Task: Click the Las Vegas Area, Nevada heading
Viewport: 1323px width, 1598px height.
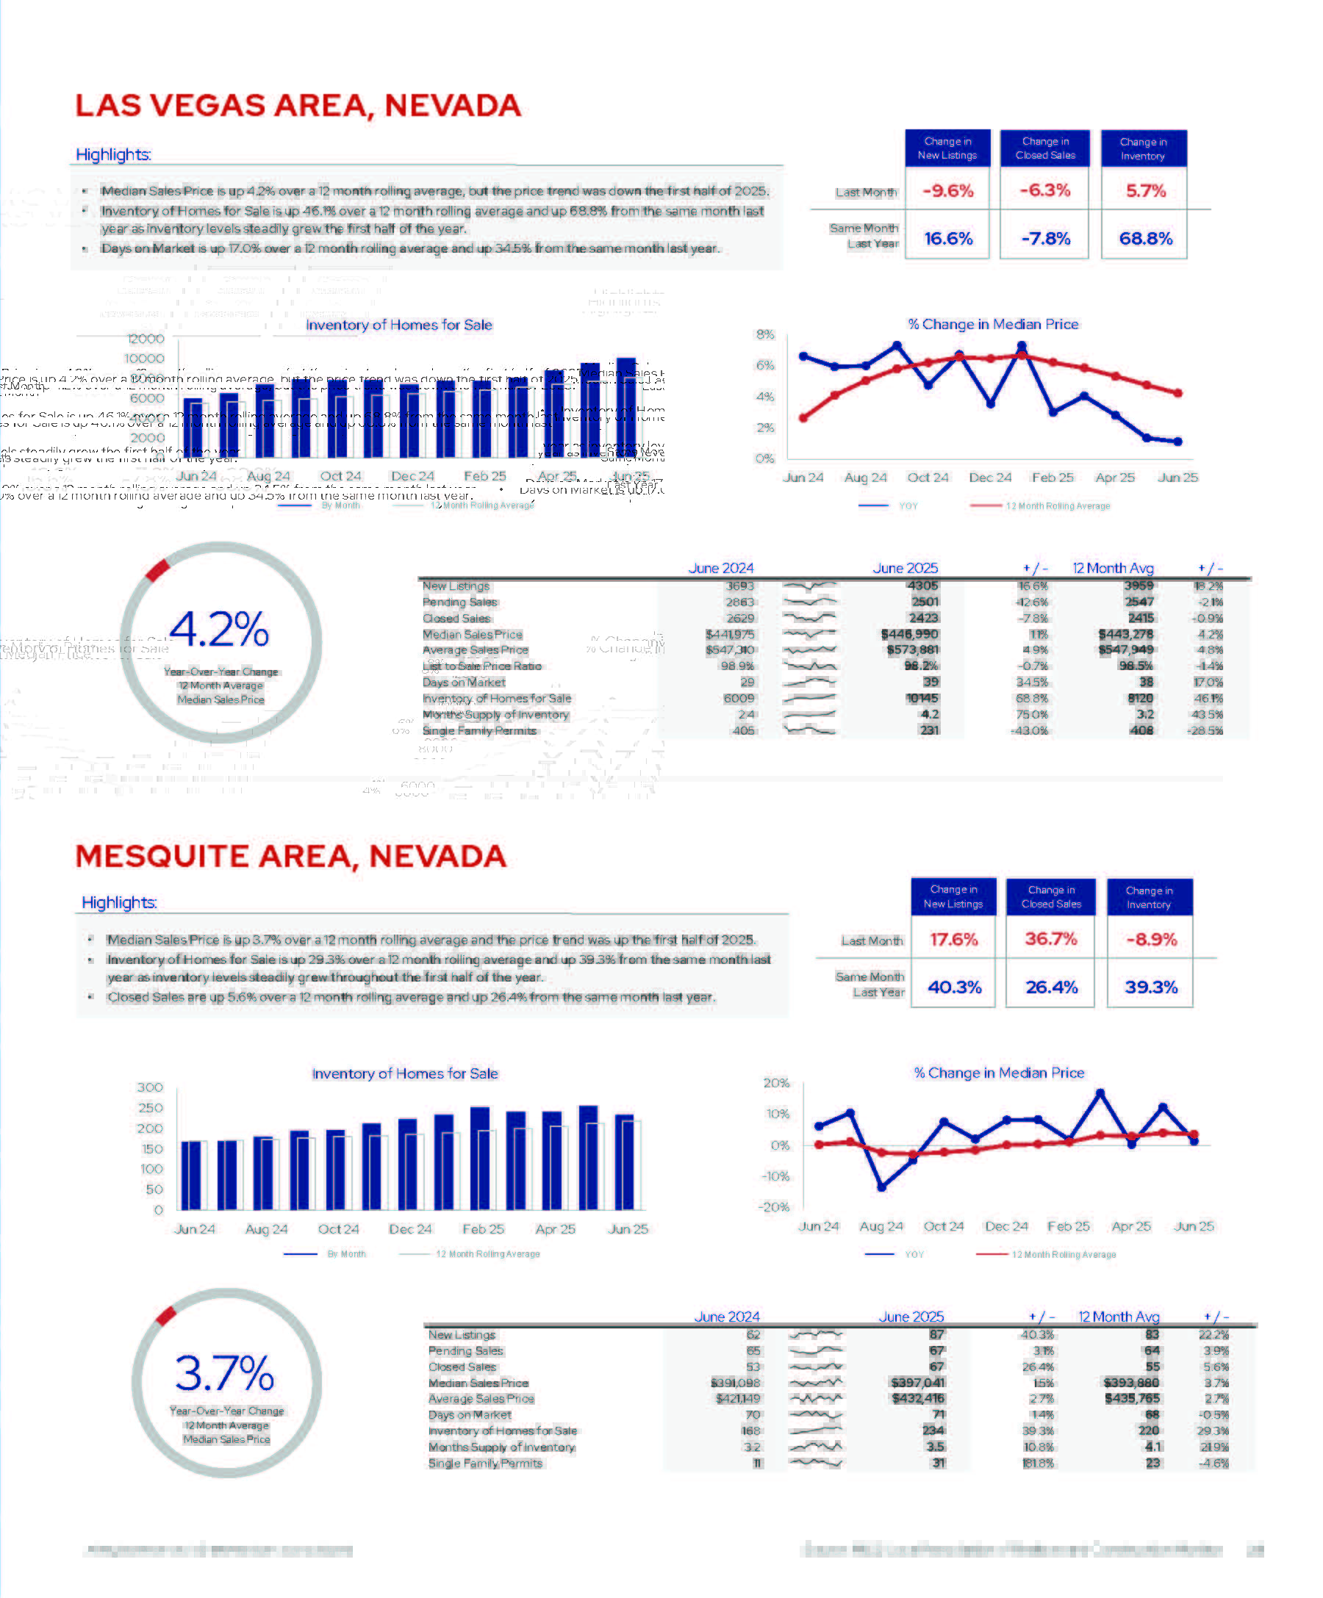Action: pos(298,106)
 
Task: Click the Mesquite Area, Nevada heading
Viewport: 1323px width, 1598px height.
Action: pos(291,856)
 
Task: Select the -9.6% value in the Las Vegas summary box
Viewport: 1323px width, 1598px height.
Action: pos(947,190)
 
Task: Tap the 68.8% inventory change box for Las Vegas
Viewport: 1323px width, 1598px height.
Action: pos(1145,238)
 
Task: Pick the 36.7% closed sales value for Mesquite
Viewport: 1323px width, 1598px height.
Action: pos(1050,939)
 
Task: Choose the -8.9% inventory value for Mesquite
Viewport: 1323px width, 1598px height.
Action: pos(1151,940)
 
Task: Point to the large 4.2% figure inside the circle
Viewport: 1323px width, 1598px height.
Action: pos(219,630)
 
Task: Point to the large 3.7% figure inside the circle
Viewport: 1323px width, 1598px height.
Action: pos(225,1372)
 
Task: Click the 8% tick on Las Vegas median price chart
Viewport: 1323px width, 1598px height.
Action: pos(765,335)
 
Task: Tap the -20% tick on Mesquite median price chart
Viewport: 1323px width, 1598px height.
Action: pos(774,1207)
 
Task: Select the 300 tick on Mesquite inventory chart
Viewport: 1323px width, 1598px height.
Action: pos(150,1087)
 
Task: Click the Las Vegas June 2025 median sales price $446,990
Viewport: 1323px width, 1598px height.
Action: pos(910,635)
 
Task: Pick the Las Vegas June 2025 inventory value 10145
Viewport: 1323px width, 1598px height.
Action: pos(922,699)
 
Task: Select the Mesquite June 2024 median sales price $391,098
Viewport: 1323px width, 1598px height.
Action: pos(735,1383)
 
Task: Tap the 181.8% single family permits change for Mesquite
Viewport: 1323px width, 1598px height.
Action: pos(1039,1464)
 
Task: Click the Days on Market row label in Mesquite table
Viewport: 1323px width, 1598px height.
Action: pos(470,1415)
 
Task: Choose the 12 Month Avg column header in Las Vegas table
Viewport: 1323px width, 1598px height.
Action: pos(1113,569)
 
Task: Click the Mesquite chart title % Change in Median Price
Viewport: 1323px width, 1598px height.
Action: pos(999,1073)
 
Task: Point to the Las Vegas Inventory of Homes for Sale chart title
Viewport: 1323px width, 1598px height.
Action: pos(399,325)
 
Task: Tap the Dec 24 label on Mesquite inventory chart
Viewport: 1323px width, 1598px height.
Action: pos(410,1229)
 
